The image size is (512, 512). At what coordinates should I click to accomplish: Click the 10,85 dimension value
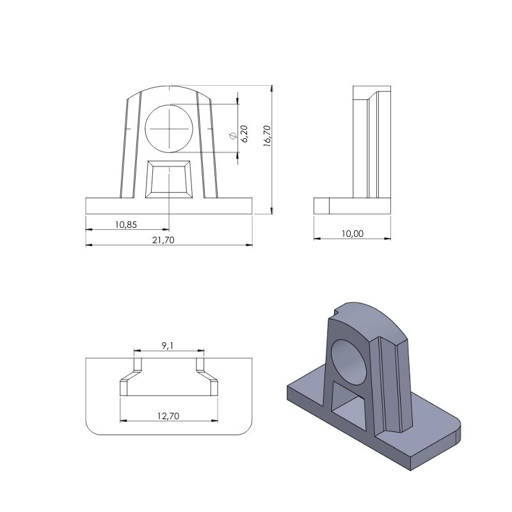(126, 225)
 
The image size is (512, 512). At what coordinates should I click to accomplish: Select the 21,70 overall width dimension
(163, 240)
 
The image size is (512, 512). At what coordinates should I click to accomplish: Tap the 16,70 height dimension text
(267, 136)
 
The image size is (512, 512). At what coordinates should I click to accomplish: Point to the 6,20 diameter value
(244, 134)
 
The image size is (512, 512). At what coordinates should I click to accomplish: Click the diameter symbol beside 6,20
(233, 136)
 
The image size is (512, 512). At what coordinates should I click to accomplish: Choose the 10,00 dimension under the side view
(353, 234)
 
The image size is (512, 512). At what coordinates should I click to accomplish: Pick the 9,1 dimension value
(168, 346)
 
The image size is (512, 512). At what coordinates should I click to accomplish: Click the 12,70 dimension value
(168, 416)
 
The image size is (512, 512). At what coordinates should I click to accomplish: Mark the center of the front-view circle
(169, 129)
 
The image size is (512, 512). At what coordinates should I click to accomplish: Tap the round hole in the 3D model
(349, 362)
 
